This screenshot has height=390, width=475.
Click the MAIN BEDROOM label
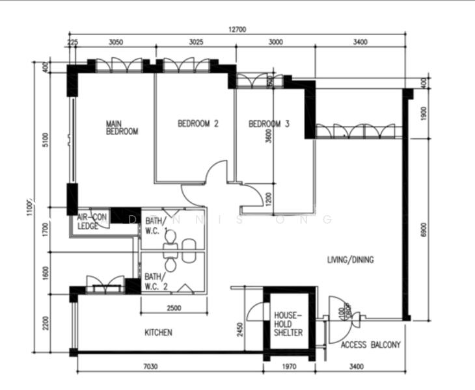pos(122,127)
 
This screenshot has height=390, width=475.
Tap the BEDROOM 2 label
pos(198,123)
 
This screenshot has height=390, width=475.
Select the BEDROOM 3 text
pos(269,123)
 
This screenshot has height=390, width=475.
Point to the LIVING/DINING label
pos(350,260)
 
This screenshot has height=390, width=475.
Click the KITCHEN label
pos(158,333)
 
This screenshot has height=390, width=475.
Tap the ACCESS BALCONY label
pos(370,345)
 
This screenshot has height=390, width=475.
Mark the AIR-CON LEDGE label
pos(91,222)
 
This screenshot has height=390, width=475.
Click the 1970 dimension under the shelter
pos(289,367)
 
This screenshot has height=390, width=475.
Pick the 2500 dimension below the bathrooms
pos(173,307)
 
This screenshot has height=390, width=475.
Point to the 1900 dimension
pos(424,115)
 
